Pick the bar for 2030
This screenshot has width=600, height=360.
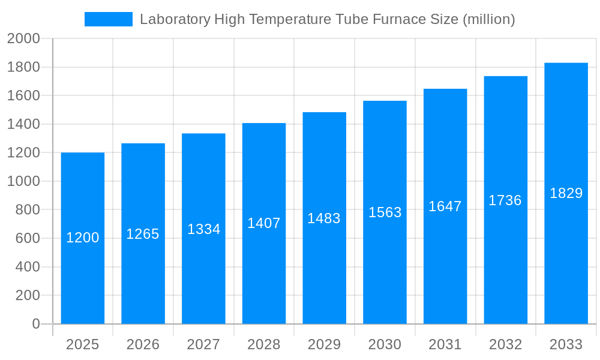(385, 270)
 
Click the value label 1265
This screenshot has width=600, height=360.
(143, 234)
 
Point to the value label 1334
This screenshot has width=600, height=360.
(204, 229)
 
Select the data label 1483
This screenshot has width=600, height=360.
(324, 218)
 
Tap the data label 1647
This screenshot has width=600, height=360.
(445, 206)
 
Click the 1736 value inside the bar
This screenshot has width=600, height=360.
(505, 200)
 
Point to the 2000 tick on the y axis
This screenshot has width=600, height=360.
(23, 39)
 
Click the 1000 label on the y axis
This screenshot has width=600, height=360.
(23, 181)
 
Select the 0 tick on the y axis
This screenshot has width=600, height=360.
(35, 324)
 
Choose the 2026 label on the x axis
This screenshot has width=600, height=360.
(143, 344)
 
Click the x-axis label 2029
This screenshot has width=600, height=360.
(324, 344)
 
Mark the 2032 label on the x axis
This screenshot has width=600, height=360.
(505, 344)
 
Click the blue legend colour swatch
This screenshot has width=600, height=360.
(109, 19)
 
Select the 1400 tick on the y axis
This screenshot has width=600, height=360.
(23, 124)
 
